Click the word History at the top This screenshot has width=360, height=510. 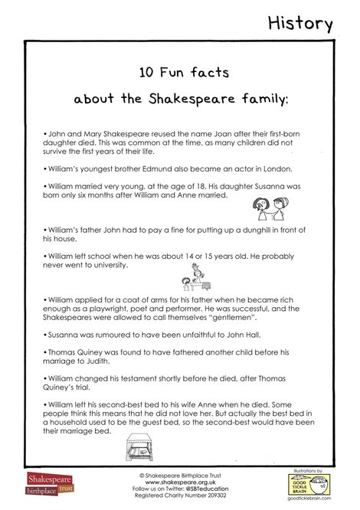(x=300, y=24)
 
